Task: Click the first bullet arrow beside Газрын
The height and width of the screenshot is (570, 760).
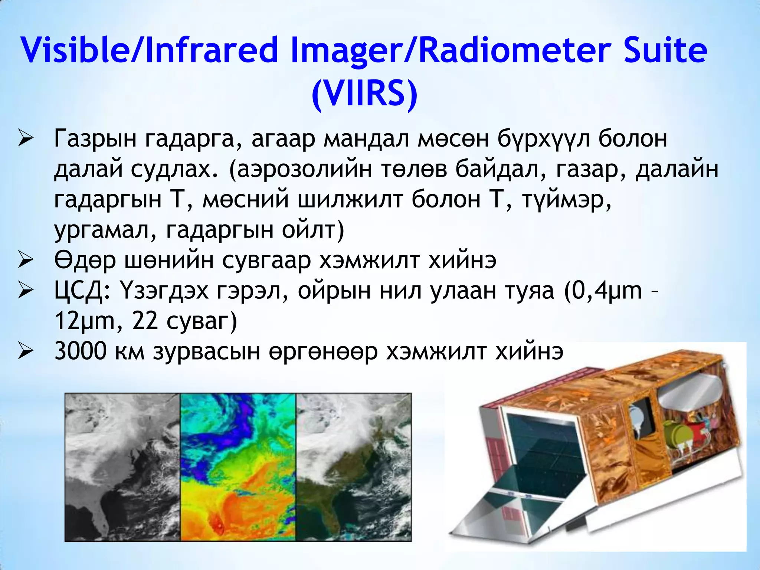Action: [26, 140]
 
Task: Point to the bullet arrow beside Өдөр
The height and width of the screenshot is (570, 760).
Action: [26, 261]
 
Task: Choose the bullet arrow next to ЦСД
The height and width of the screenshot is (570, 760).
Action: [26, 291]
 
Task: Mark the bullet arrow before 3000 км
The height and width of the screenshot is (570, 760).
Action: [26, 351]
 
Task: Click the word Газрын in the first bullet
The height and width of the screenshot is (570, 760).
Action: [95, 139]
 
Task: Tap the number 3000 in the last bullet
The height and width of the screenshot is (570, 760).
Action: [80, 351]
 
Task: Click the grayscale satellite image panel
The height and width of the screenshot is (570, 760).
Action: [122, 467]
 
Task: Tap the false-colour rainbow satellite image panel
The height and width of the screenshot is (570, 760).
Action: [238, 467]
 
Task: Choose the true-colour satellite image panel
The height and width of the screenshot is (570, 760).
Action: [353, 467]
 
